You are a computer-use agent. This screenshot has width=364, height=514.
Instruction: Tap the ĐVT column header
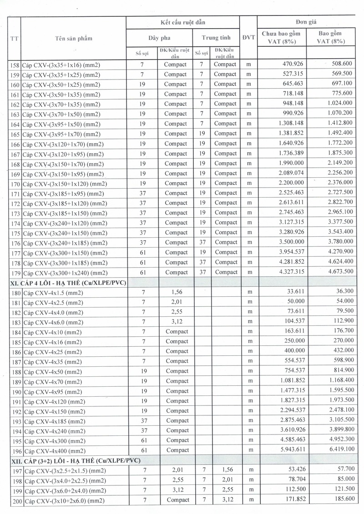248,38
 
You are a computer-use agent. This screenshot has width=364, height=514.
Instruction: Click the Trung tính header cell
217,38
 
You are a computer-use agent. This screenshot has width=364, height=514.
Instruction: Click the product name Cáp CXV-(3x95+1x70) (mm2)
61,134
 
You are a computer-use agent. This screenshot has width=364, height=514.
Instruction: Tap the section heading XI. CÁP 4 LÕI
68,283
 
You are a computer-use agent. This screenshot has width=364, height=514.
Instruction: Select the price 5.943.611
287,450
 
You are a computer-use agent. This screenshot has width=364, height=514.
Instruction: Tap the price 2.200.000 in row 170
287,183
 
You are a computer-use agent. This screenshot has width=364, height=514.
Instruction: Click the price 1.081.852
287,381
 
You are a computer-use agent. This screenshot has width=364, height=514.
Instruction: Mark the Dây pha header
159,38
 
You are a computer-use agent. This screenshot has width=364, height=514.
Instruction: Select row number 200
16,501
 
